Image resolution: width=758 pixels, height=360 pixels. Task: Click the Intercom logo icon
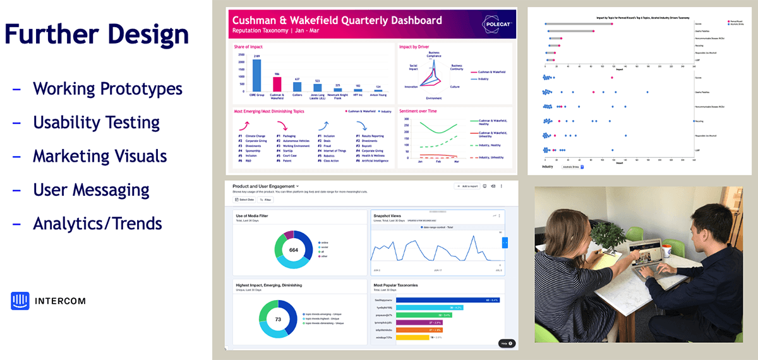tap(20, 301)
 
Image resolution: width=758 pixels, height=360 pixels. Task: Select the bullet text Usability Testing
tap(96, 122)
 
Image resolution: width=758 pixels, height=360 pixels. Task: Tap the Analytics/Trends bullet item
tap(97, 223)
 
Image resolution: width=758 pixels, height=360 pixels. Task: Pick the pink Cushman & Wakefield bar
tap(277, 84)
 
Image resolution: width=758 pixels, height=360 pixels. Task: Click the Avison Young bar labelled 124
tap(378, 90)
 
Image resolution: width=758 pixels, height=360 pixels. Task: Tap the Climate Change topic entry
tap(258, 136)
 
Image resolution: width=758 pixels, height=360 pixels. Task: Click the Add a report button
tap(467, 186)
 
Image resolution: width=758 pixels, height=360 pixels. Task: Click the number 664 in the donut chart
tap(293, 250)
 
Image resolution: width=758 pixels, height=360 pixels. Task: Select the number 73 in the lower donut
tap(278, 320)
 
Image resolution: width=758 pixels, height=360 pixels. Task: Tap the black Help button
tap(507, 343)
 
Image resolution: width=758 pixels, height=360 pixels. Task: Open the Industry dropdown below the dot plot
tap(572, 167)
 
